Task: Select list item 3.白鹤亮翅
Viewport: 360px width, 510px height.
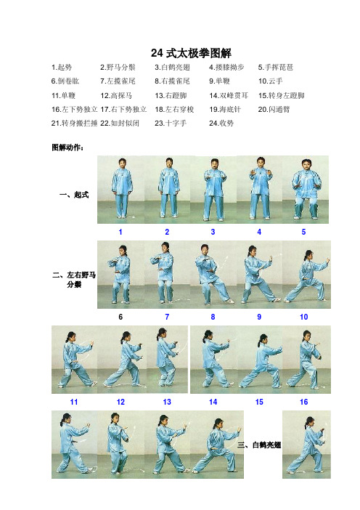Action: point(172,67)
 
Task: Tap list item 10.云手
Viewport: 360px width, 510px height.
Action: point(273,81)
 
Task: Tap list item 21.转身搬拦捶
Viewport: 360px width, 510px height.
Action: point(75,124)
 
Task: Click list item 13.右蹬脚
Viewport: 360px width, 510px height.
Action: point(172,95)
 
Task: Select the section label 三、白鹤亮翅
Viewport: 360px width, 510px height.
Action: point(258,445)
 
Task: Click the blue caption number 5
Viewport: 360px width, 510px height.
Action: point(303,232)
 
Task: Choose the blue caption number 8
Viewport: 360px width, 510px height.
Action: point(213,317)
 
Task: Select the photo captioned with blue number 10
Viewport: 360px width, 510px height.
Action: point(303,272)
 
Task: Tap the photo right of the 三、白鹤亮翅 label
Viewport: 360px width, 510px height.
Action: point(303,443)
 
